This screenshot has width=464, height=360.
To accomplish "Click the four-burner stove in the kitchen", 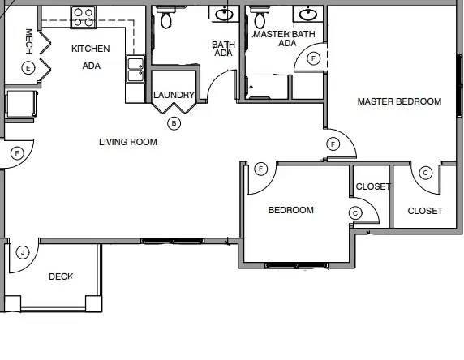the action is coord(84,18).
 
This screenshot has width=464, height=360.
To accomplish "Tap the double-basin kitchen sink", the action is coord(135,69).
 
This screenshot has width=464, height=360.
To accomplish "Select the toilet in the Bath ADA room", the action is coord(166,18).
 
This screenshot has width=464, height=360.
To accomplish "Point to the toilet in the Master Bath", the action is coord(260,18).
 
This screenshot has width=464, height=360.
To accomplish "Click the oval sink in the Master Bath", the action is coord(308,15).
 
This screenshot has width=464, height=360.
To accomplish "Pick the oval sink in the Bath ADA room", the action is coord(224,15).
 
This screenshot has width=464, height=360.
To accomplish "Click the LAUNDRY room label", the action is coord(174,95).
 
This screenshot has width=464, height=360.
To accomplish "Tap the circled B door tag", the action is coord(174,123).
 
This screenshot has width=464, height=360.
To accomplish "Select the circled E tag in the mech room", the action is coord(28,68).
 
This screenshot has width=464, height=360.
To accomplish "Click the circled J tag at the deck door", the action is coord(23,253).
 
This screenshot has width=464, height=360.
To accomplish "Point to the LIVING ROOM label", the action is coord(128,142).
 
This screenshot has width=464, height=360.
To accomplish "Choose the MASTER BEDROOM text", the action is coord(399,101).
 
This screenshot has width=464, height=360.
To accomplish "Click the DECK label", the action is coord(61,276).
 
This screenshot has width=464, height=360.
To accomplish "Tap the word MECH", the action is coord(28,41).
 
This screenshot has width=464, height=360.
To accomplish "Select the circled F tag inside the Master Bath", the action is coord(314,58).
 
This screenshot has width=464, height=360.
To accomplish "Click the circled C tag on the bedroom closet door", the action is coord(355,213).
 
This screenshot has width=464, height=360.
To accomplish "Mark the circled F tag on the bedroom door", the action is coord(260,169).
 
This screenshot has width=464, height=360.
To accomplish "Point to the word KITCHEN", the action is coord(91,49).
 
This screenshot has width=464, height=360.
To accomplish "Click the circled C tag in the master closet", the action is coord(426,173).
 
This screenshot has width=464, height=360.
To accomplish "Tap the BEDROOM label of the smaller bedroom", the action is coord(291,210).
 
